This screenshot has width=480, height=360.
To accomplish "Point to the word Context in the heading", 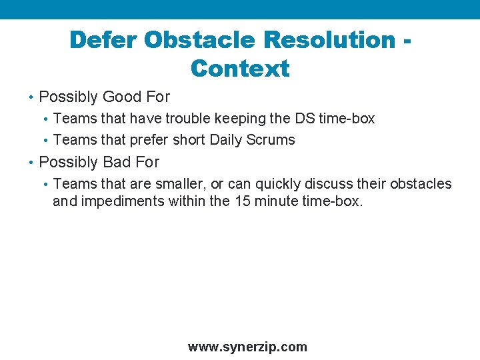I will (x=239, y=69).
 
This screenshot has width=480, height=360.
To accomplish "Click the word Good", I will (x=122, y=97).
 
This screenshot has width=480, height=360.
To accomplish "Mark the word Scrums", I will (x=273, y=140).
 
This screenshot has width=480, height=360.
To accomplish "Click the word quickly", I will (x=278, y=184).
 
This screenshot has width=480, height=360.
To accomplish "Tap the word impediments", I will (x=122, y=201).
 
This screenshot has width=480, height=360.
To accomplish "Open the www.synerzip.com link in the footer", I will (x=247, y=347).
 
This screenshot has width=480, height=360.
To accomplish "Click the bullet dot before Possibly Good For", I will (x=31, y=98).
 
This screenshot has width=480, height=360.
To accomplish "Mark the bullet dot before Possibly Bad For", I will (x=31, y=163).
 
